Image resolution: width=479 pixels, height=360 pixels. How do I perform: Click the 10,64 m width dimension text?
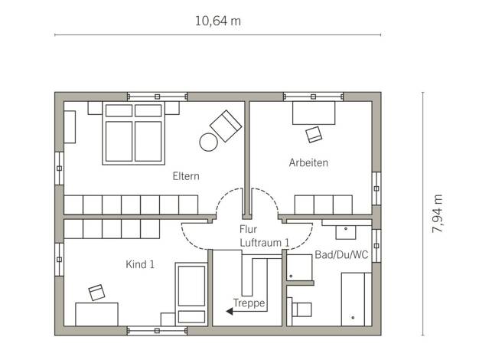[218, 21]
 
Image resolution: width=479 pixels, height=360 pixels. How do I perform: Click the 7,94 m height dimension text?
[438, 214]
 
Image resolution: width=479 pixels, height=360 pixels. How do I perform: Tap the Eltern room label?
[186, 176]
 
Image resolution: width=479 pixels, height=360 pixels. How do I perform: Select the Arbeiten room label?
[308, 162]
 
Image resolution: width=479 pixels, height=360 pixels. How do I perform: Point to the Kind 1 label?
[140, 264]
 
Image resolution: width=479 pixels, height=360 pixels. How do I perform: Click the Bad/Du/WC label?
[341, 254]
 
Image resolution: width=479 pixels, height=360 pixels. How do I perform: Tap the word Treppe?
[249, 303]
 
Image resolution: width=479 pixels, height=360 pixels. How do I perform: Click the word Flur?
[248, 229]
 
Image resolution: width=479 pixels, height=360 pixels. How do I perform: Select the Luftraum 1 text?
[264, 243]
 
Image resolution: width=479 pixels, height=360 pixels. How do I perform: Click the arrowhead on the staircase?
[229, 312]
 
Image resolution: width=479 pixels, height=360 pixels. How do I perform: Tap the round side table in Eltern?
[209, 142]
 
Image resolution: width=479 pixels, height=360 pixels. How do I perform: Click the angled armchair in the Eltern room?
[226, 126]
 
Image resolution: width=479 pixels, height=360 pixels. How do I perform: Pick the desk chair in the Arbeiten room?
[314, 135]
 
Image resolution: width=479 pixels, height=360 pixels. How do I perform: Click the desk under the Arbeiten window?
[314, 113]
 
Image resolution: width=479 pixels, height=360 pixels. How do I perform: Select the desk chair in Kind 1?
[96, 293]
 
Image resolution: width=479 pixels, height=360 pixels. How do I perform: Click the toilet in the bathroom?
[300, 309]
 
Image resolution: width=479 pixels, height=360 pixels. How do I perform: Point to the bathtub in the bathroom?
[357, 299]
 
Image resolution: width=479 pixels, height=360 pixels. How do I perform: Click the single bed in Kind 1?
[191, 294]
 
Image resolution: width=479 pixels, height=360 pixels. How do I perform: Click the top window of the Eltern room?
[158, 97]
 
